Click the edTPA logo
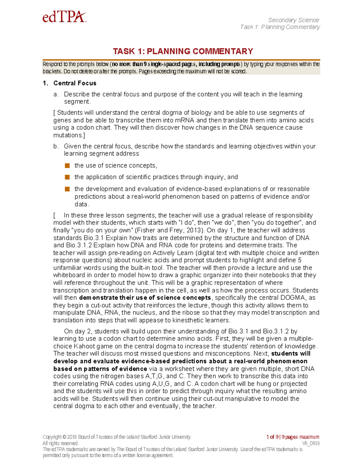point(64,17)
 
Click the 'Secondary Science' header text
point(293,20)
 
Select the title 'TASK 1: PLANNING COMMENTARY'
point(183,51)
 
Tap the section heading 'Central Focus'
point(75,83)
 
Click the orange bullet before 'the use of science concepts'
point(67,165)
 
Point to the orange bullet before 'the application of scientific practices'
point(67,177)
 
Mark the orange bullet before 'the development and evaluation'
point(67,189)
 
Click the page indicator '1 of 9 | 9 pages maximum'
point(293,437)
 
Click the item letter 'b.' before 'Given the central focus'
point(56,146)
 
